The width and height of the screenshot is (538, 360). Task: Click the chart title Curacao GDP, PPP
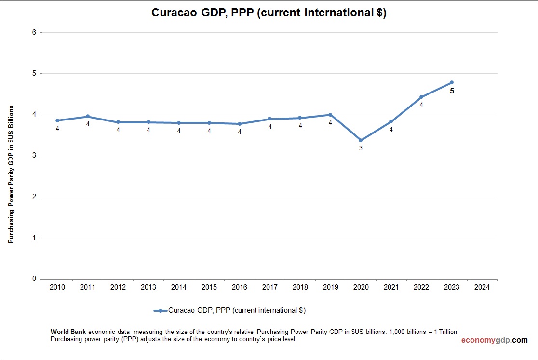269,13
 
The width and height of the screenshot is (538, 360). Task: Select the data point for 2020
361,140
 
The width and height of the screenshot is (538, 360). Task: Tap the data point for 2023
452,82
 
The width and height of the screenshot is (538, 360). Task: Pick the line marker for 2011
88,117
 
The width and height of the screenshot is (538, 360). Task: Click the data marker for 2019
330,115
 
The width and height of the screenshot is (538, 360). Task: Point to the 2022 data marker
421,97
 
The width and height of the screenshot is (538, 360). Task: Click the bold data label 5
452,91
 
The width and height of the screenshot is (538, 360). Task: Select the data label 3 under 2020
361,148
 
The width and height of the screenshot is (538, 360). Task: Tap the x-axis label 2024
482,287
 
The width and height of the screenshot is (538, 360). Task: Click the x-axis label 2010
57,287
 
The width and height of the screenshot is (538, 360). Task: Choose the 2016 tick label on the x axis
240,287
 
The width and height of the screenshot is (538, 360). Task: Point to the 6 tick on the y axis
34,33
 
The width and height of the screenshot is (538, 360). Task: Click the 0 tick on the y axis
34,279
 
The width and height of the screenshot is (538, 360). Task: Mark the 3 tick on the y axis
34,156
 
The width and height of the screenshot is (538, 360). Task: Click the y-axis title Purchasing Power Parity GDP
11,173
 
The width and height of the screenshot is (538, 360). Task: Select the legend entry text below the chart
237,311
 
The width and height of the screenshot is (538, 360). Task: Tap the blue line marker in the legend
160,311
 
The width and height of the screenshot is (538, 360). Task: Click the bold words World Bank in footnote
68,332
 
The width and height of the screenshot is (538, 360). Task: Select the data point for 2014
179,123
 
